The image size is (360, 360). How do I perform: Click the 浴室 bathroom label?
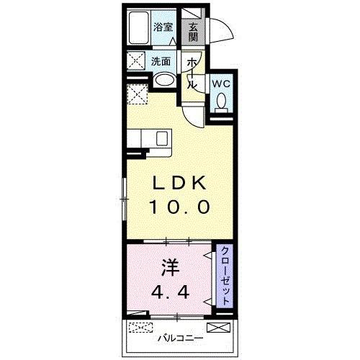coord(163,28)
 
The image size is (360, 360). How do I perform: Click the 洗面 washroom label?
coord(160,61)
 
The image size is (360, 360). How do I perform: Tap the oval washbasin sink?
coord(164,81)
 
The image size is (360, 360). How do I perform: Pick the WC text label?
coord(220,84)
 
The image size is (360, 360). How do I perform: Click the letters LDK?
coord(179,182)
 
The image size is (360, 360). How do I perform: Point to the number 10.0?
coord(179,208)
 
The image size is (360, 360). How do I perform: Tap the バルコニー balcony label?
coord(180,337)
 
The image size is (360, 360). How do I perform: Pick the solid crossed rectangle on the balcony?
coord(222,328)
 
